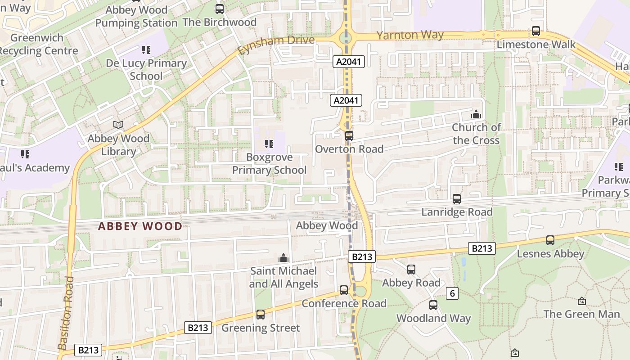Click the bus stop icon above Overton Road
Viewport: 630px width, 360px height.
(349, 135)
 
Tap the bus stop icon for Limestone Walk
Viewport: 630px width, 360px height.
(535, 31)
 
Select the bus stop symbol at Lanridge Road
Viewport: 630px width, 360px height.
(457, 198)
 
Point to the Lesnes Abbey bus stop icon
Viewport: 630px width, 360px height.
(550, 240)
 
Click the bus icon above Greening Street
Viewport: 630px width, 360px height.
(260, 315)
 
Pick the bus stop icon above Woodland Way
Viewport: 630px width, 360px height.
(433, 305)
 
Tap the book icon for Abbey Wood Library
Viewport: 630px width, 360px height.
(118, 125)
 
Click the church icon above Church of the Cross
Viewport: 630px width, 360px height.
(476, 114)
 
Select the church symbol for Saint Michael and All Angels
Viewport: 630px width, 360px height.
(283, 258)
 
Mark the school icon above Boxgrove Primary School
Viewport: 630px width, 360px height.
(269, 144)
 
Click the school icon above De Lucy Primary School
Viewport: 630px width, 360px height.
(146, 49)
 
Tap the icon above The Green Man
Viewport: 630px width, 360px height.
(581, 301)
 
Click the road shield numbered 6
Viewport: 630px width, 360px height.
(452, 294)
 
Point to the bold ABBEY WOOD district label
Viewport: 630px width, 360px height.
(140, 226)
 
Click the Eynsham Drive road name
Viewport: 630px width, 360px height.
(275, 44)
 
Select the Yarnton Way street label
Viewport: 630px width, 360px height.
(410, 35)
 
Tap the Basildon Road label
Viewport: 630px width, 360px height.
(66, 313)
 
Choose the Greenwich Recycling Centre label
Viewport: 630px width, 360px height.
(38, 44)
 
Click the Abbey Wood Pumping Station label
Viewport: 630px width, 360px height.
(136, 16)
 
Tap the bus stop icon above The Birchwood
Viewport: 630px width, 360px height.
(219, 9)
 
